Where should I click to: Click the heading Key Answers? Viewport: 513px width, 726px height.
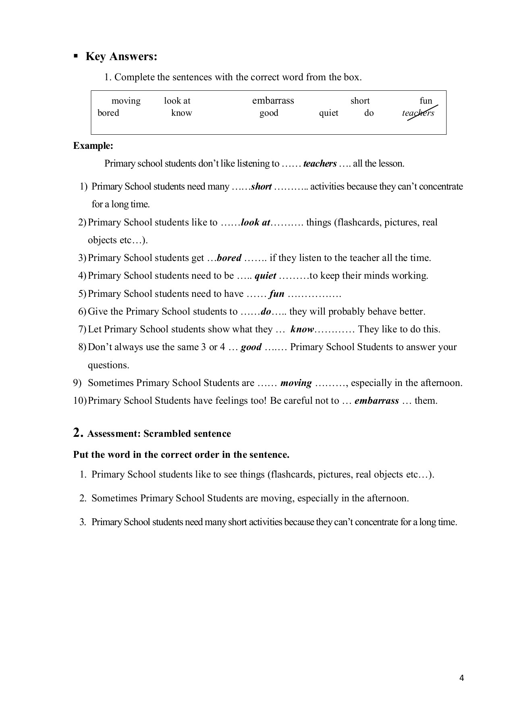tap(121, 56)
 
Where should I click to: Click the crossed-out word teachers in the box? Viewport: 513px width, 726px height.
tap(418, 113)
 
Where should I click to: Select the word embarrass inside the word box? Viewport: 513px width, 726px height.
tap(273, 100)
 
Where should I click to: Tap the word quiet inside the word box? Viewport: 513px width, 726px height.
tap(328, 113)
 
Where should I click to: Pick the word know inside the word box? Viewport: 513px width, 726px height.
tap(181, 113)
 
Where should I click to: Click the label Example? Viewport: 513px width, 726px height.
tap(93, 146)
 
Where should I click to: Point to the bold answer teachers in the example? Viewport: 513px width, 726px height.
tap(320, 164)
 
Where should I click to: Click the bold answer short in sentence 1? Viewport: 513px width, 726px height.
tap(261, 187)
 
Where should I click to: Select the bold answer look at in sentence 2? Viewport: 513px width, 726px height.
tap(255, 223)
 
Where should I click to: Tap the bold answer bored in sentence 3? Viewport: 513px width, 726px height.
tap(229, 258)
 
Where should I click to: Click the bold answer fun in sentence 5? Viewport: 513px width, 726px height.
tap(276, 294)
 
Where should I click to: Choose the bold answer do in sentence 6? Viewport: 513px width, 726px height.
tap(266, 312)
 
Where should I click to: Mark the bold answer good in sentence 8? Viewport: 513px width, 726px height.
tap(251, 347)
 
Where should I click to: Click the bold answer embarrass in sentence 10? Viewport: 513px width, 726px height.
tap(376, 401)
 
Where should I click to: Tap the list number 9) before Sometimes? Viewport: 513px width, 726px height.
tap(77, 383)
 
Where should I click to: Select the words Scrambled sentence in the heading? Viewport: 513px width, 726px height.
tap(187, 434)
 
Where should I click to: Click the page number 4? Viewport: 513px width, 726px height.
tap(461, 678)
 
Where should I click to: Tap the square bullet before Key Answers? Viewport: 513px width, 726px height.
tap(75, 56)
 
